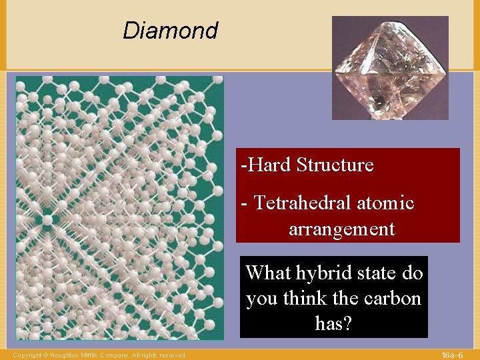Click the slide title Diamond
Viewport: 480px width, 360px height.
coord(170,31)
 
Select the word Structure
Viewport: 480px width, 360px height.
coord(335,165)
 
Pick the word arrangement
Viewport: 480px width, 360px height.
coord(341,229)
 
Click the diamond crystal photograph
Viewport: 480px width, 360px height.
coord(390,68)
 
